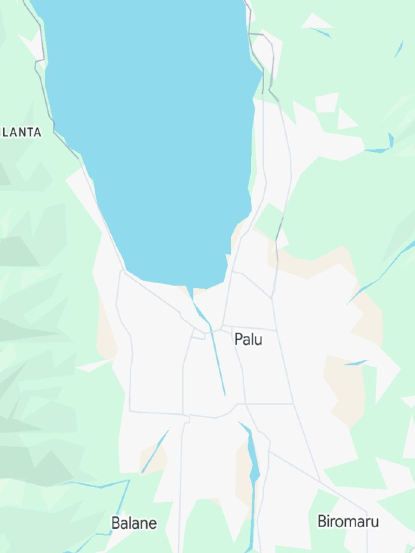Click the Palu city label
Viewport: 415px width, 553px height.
click(x=248, y=339)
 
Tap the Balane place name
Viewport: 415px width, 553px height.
click(x=134, y=523)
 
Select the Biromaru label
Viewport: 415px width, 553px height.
click(x=347, y=521)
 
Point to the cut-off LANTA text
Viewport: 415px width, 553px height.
click(x=21, y=132)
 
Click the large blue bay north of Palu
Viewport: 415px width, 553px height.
click(x=157, y=135)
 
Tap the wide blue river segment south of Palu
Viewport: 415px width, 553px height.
click(x=253, y=459)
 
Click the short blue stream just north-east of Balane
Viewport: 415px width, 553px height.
click(x=156, y=451)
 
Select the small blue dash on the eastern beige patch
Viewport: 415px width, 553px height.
click(x=356, y=363)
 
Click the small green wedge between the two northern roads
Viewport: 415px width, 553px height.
click(x=270, y=219)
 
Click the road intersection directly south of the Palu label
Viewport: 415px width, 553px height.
click(x=245, y=403)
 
